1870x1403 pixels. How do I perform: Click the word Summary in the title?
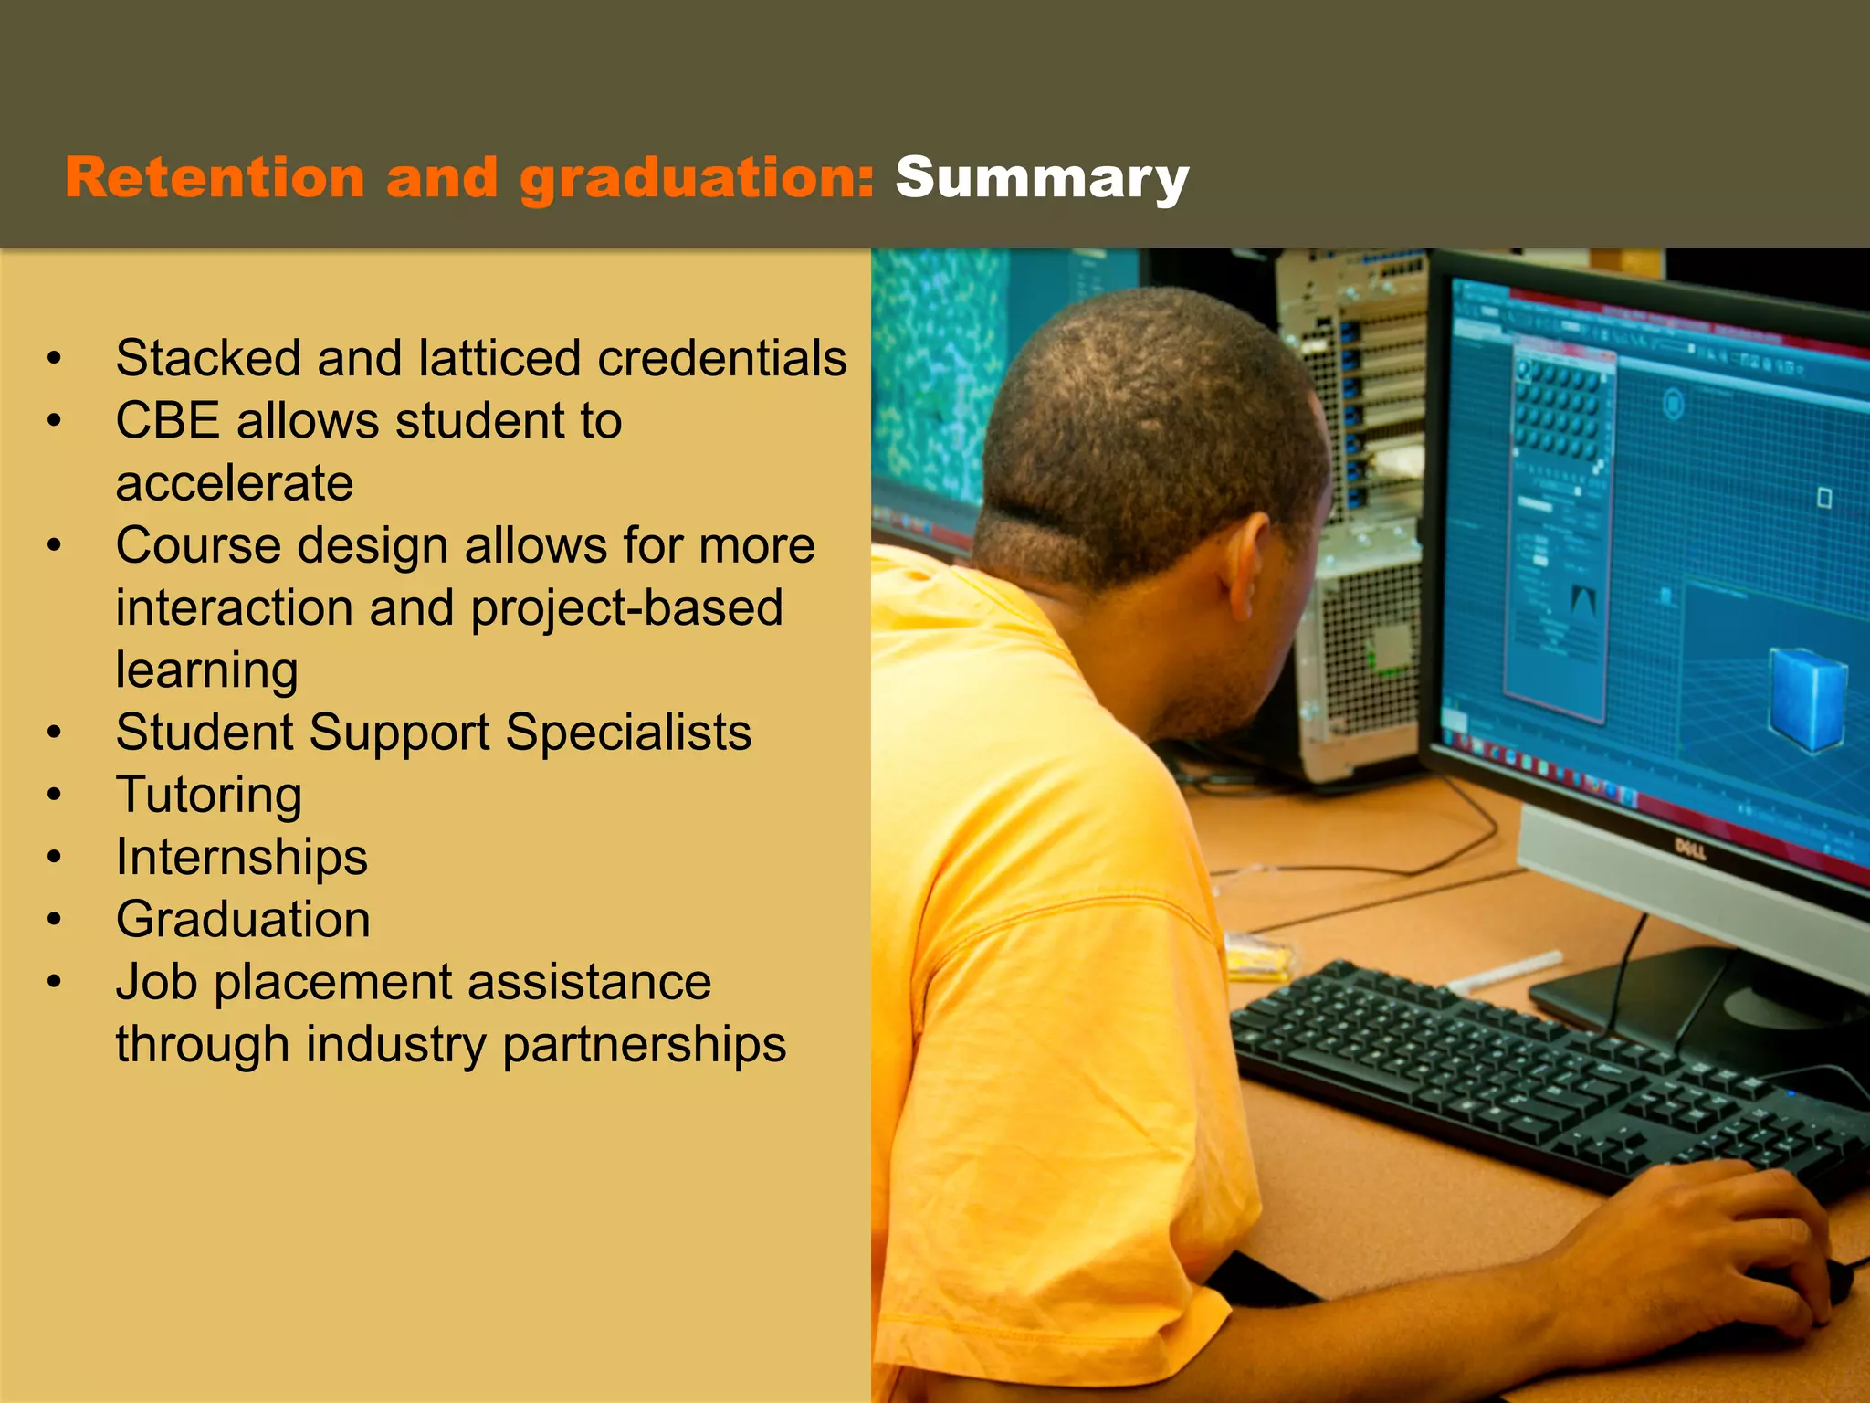tap(1041, 178)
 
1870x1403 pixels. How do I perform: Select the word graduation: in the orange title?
tap(698, 178)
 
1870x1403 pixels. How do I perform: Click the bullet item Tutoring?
tap(208, 795)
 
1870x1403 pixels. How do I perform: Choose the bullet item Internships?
tap(241, 857)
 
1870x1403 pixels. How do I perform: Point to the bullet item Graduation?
tap(243, 919)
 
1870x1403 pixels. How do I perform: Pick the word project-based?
tap(626, 608)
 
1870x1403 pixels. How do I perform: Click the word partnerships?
tap(644, 1044)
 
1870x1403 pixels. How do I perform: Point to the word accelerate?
tap(234, 483)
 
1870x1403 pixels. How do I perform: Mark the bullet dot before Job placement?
tap(55, 982)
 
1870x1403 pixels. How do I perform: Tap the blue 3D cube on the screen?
tap(1808, 699)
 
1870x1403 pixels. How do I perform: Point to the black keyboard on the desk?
tap(1534, 1078)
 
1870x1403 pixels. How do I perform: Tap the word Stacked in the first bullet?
tap(207, 357)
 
